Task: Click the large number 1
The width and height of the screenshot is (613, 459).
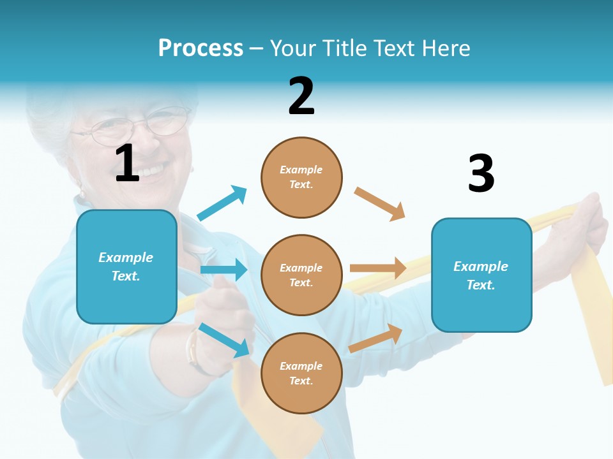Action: click(x=127, y=163)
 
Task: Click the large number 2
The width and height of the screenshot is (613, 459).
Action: click(x=301, y=96)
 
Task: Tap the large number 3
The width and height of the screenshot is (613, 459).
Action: click(x=481, y=173)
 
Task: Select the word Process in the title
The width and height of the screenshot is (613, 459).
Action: click(x=201, y=48)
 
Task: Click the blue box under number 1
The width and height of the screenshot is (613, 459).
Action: click(x=126, y=266)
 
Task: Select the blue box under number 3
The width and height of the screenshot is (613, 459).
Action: click(x=481, y=275)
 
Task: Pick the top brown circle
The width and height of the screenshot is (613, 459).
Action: click(x=301, y=177)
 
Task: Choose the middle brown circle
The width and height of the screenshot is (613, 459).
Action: click(x=301, y=275)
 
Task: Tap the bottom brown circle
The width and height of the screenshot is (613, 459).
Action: click(x=301, y=374)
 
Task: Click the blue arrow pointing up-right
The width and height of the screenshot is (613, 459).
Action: click(x=222, y=203)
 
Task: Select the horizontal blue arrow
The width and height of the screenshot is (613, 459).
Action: click(x=223, y=270)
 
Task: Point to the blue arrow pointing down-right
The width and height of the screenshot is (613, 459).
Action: click(x=224, y=340)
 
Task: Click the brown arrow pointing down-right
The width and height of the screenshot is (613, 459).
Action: click(x=380, y=204)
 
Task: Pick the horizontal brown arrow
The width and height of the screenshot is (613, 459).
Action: click(x=378, y=268)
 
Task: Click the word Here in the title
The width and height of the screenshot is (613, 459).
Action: click(x=446, y=48)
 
